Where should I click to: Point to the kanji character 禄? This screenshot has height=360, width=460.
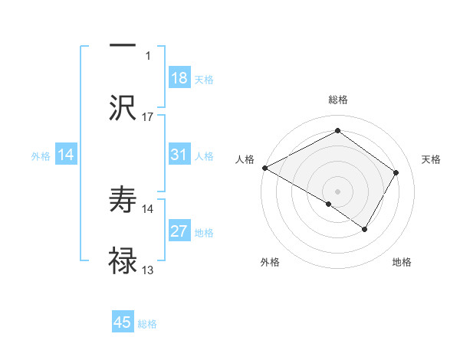tap(123, 260)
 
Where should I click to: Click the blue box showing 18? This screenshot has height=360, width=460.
tap(179, 78)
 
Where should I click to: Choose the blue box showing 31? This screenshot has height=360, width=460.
tap(179, 155)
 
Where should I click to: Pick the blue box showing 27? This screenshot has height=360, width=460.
tap(179, 232)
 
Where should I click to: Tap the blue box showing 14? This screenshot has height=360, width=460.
tap(66, 155)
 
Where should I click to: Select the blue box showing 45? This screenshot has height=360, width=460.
tap(123, 322)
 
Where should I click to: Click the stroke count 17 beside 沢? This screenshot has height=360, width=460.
tap(148, 117)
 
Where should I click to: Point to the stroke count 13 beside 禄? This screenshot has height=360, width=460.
tap(148, 271)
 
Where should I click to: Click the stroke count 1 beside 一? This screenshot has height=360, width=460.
tap(148, 56)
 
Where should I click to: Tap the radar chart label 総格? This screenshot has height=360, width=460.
tap(338, 100)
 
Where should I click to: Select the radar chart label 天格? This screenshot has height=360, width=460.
tap(431, 159)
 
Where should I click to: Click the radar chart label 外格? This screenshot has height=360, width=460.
tap(270, 262)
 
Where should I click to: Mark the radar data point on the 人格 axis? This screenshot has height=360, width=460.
tap(264, 168)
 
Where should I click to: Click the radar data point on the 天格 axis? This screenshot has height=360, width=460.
tap(396, 173)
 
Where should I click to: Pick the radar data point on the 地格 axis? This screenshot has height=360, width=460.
tap(365, 228)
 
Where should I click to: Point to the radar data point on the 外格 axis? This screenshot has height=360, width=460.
tap(329, 204)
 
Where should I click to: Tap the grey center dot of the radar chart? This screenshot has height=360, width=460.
tap(337, 191)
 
